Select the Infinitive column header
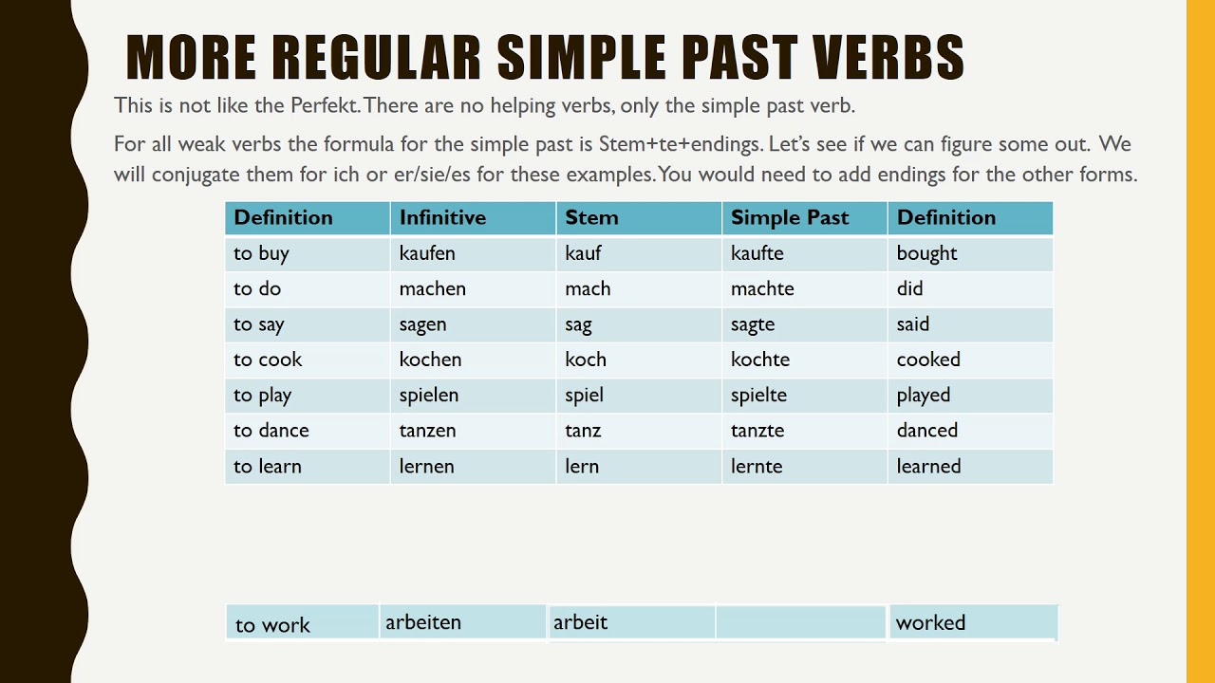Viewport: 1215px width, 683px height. (x=442, y=217)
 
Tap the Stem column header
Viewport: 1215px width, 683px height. (x=591, y=217)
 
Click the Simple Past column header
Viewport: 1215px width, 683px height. (x=790, y=217)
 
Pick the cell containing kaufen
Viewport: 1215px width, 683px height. (x=427, y=253)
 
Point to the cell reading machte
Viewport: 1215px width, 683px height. (x=762, y=288)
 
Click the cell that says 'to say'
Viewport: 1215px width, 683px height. (x=259, y=324)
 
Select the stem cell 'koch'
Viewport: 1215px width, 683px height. (x=586, y=360)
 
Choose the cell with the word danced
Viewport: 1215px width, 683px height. (x=927, y=430)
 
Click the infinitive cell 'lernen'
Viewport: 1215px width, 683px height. (x=427, y=466)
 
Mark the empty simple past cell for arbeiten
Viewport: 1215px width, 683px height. (x=801, y=623)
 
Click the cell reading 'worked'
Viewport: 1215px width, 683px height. (x=930, y=623)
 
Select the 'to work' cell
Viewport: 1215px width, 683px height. (x=272, y=625)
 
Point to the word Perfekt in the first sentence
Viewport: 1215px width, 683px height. (x=325, y=105)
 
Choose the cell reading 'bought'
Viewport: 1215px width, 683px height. (x=926, y=253)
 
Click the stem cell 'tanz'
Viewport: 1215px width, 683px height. (x=583, y=430)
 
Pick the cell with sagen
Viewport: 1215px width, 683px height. (x=422, y=324)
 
